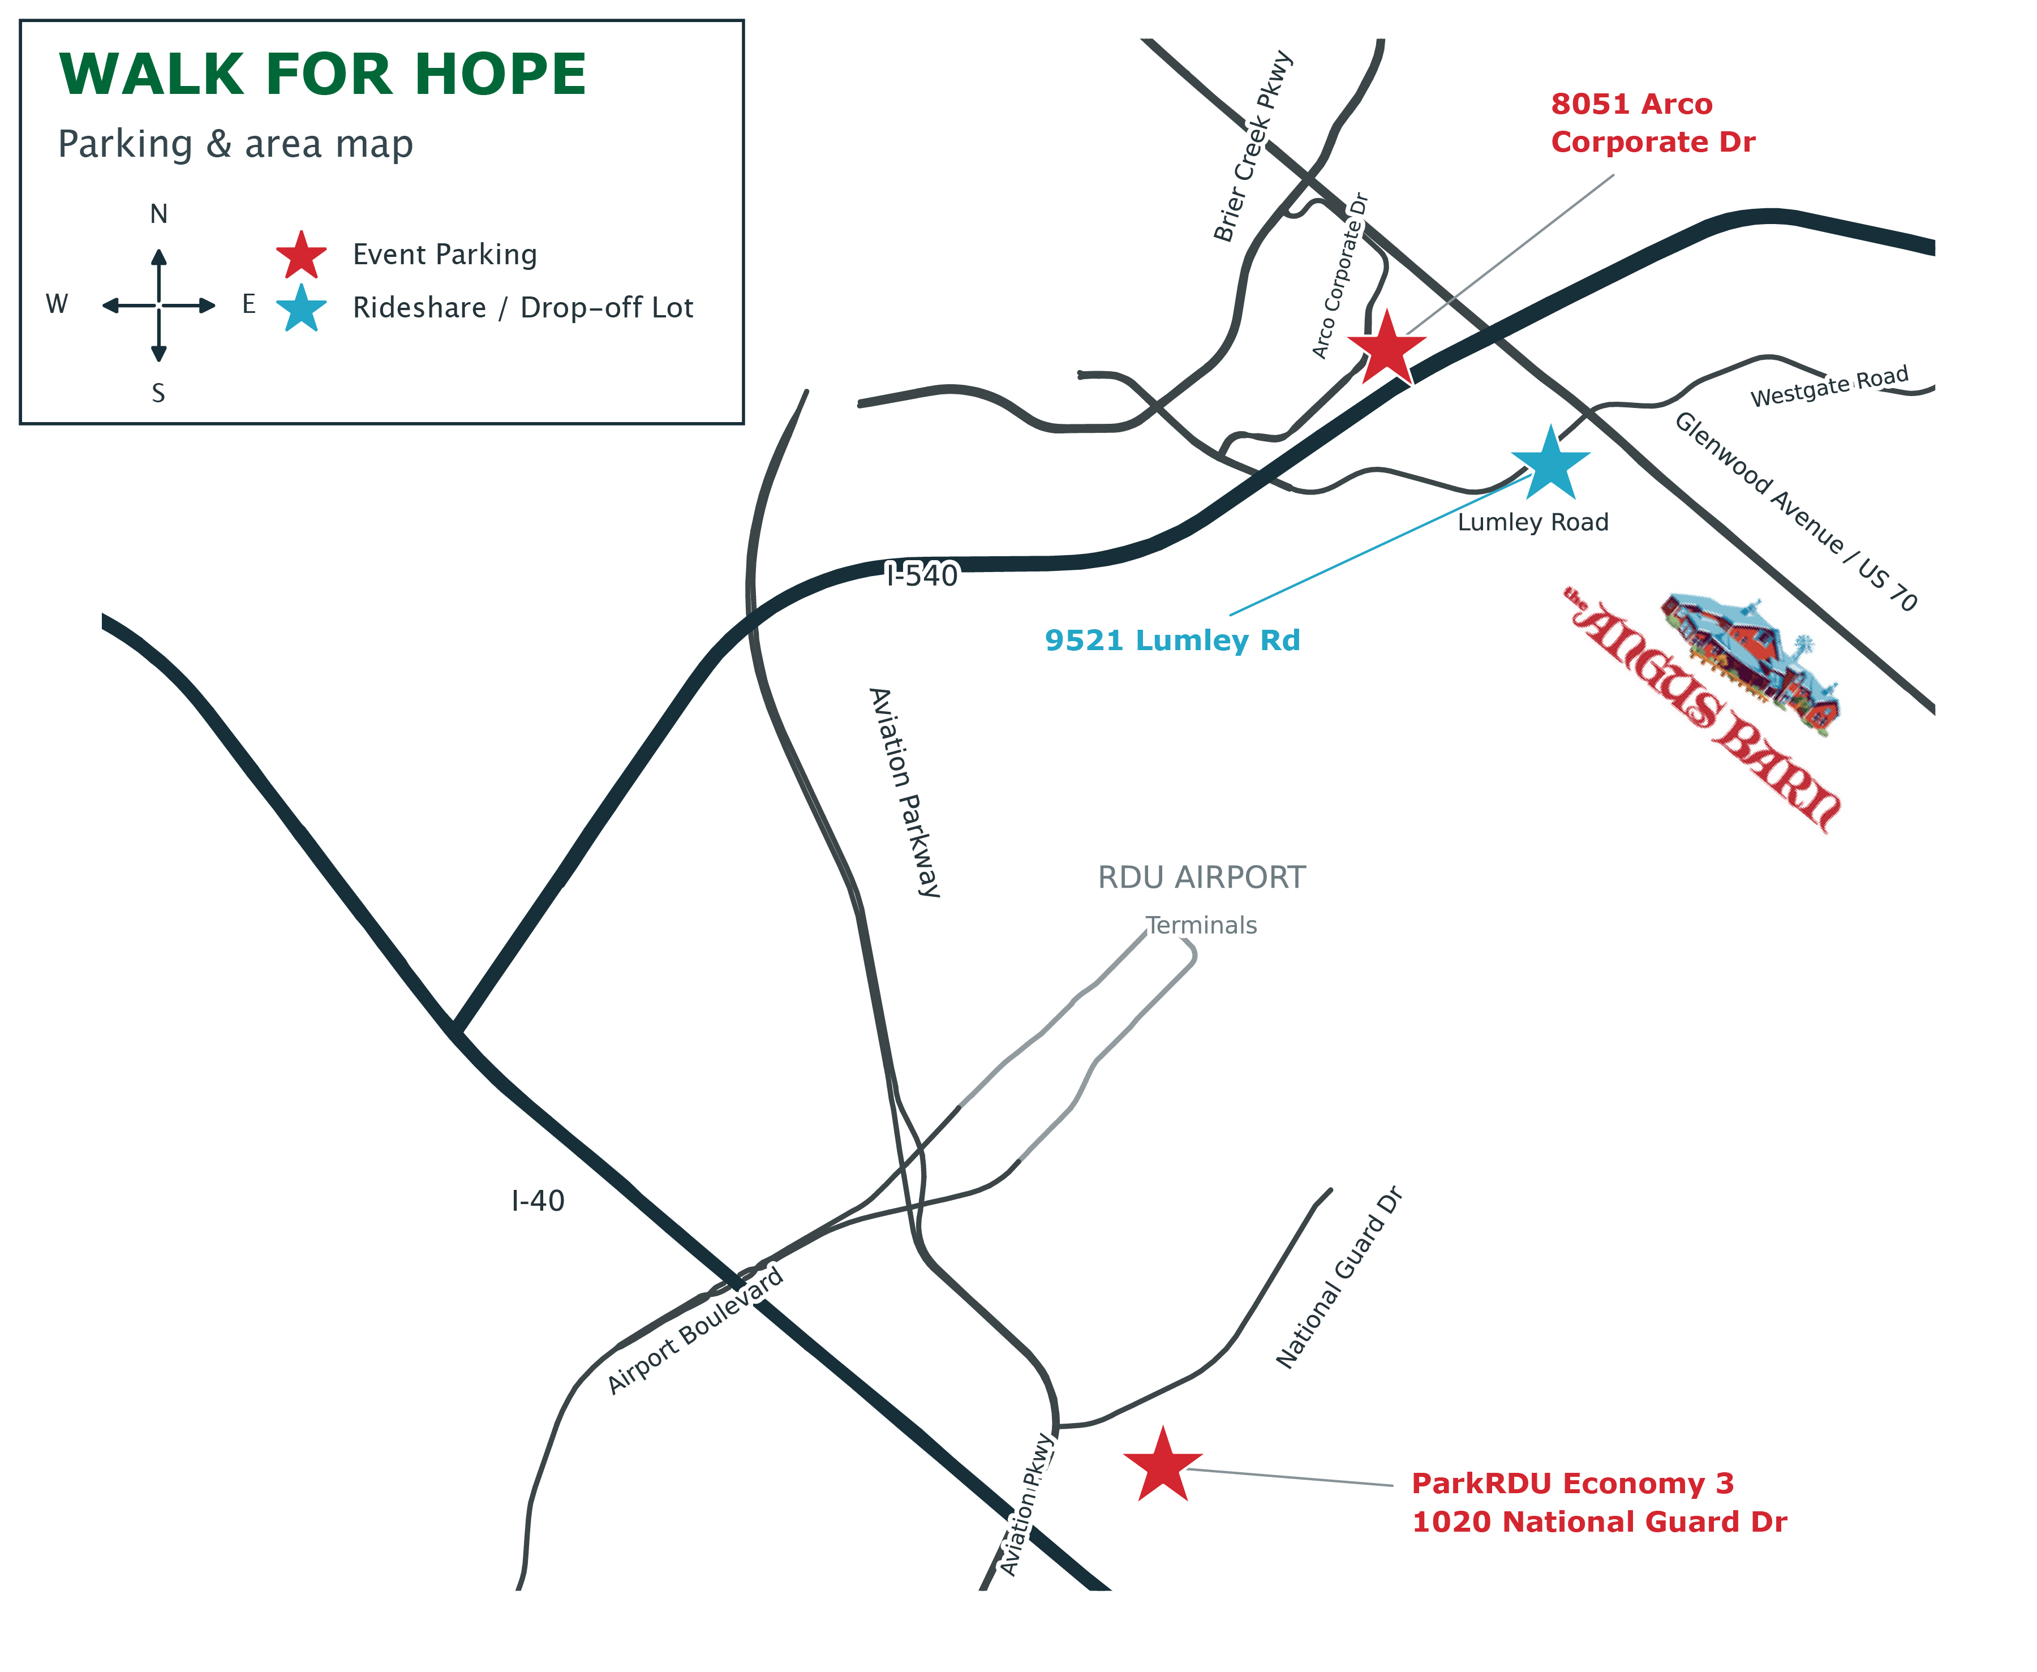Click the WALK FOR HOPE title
tap(323, 74)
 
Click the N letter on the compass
tap(159, 214)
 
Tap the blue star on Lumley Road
tap(1550, 464)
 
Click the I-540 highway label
tap(923, 575)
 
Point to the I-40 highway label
tap(538, 1201)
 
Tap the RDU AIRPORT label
tap(1202, 878)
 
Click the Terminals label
tap(1202, 926)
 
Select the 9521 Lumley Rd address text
tap(1172, 641)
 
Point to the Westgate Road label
tap(1829, 386)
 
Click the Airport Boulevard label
tap(695, 1330)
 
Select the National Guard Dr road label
tap(1339, 1277)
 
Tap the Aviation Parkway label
tap(904, 793)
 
